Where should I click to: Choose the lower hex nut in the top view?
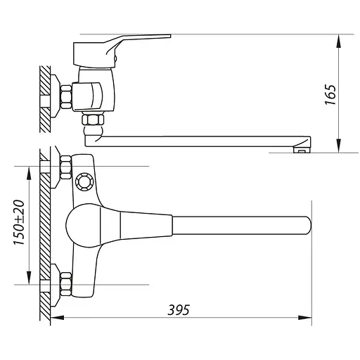click(65, 284)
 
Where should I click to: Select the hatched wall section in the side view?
click(45, 98)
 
